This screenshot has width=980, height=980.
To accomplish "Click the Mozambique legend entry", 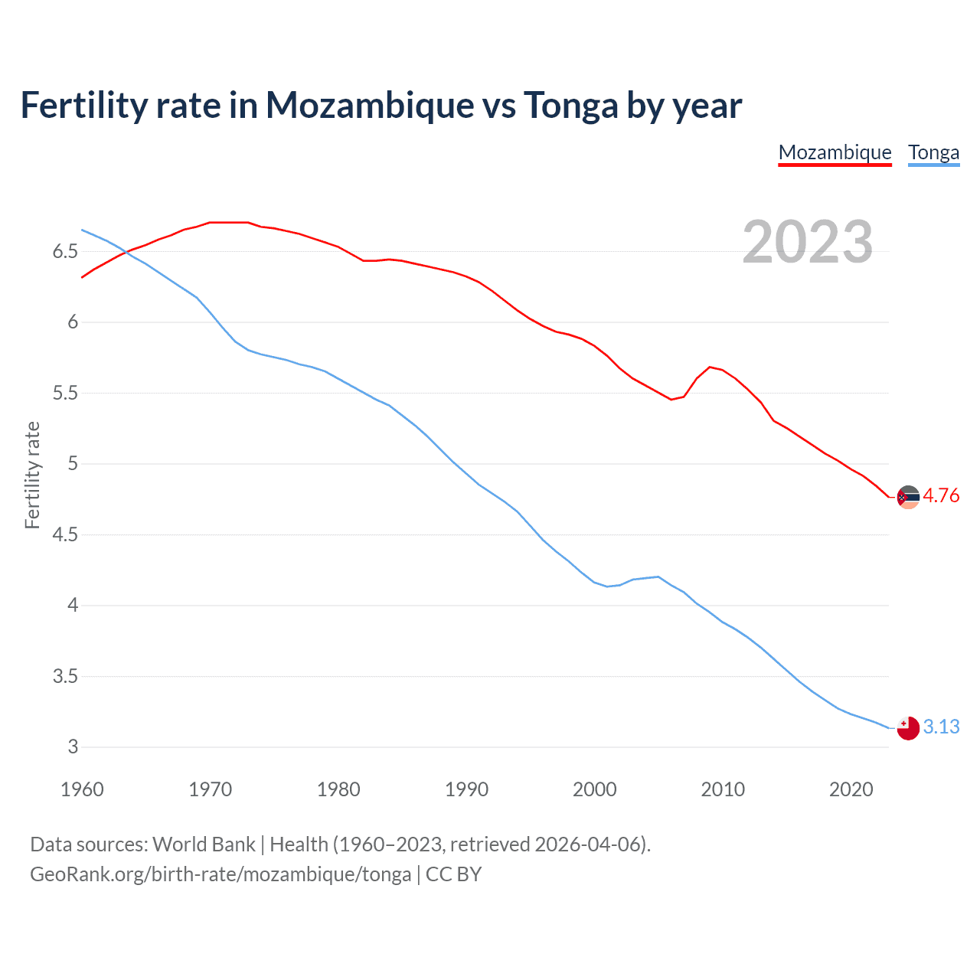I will click(835, 152).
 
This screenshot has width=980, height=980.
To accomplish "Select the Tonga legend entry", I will click(933, 152).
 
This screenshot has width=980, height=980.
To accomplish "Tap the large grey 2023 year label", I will click(808, 242).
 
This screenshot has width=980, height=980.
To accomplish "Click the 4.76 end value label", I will click(941, 495).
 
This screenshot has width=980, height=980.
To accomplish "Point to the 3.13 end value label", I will click(941, 727).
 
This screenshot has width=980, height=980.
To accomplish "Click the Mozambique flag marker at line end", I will click(908, 497).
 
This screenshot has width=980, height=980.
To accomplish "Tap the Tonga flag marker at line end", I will click(908, 728).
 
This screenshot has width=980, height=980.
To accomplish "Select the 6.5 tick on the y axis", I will click(65, 251).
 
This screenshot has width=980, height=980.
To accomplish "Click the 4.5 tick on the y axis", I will click(65, 534).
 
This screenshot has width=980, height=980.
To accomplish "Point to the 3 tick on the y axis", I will click(73, 746).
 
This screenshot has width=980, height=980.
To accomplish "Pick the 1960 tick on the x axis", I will click(82, 789).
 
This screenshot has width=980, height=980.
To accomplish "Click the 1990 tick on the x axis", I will click(466, 789).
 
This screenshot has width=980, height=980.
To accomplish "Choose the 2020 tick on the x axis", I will click(851, 789).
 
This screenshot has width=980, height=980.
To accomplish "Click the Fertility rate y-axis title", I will click(32, 475).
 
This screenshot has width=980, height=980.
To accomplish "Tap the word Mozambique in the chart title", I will click(370, 105).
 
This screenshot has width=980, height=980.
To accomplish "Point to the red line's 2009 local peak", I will click(710, 367).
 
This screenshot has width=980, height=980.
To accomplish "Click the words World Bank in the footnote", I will click(204, 844).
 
